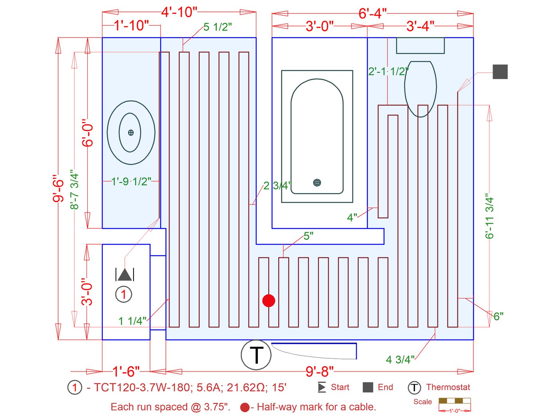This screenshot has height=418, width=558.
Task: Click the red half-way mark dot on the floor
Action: (x=269, y=300)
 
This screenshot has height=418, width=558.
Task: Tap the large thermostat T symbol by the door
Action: (x=256, y=355)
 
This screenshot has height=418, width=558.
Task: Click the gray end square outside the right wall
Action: (x=500, y=72)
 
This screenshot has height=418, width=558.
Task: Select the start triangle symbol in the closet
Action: (x=125, y=275)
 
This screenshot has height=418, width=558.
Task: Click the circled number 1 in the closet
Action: (x=124, y=294)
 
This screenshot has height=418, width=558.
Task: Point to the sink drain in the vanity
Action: (x=131, y=133)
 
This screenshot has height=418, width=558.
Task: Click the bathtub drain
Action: (x=317, y=183)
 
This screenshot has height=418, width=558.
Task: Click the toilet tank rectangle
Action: (x=420, y=45)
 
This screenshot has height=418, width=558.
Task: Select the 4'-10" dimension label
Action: (x=179, y=12)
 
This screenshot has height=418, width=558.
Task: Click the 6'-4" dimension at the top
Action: (x=372, y=14)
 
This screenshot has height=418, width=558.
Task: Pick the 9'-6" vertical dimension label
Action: (x=59, y=188)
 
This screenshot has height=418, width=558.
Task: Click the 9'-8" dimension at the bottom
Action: (x=319, y=371)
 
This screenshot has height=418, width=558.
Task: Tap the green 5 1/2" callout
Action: (x=218, y=27)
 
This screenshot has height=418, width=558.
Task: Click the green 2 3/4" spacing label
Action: (x=277, y=186)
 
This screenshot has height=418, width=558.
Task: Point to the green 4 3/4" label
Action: (x=400, y=359)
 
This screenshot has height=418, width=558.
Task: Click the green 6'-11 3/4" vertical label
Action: (x=489, y=216)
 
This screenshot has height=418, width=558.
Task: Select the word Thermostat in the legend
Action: (x=448, y=387)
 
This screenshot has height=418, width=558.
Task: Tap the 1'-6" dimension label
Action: (x=126, y=371)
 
